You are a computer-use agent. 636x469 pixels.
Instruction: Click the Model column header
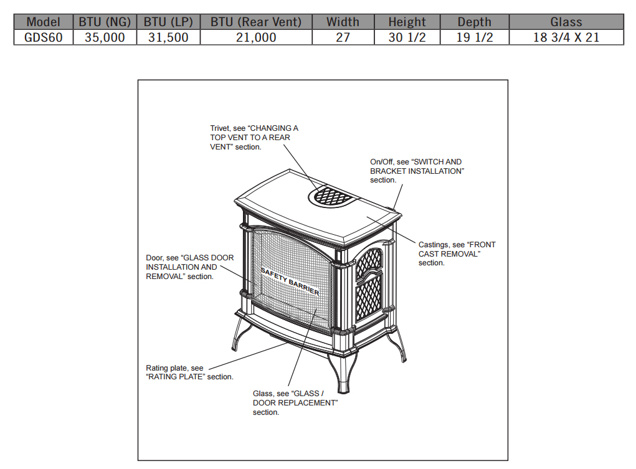(x=44, y=22)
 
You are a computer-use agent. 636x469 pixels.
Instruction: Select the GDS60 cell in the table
(x=44, y=37)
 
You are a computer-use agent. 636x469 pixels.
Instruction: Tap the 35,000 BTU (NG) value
(x=105, y=37)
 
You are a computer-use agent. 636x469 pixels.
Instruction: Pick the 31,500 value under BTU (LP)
(x=168, y=37)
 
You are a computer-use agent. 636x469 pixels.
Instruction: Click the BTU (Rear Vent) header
(x=256, y=22)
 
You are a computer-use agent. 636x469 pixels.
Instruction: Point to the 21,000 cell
(x=256, y=37)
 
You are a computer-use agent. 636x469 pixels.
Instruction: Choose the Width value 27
(x=343, y=37)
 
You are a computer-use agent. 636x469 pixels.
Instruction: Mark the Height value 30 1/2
(x=407, y=37)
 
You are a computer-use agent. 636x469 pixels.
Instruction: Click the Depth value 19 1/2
(x=475, y=37)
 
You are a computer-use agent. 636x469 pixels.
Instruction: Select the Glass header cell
(x=566, y=22)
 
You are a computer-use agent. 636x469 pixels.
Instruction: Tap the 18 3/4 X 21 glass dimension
(x=566, y=37)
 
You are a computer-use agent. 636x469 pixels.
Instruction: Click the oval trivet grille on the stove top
(x=333, y=196)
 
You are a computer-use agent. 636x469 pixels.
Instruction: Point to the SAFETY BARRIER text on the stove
(x=290, y=281)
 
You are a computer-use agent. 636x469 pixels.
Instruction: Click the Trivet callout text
(x=254, y=138)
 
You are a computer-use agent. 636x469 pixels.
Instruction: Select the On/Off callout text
(x=417, y=171)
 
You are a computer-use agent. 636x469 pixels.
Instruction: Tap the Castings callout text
(x=457, y=253)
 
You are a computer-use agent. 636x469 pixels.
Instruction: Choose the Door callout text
(x=190, y=267)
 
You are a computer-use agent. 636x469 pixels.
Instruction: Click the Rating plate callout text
(x=189, y=372)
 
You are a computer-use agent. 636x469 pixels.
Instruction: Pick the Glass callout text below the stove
(x=295, y=402)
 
